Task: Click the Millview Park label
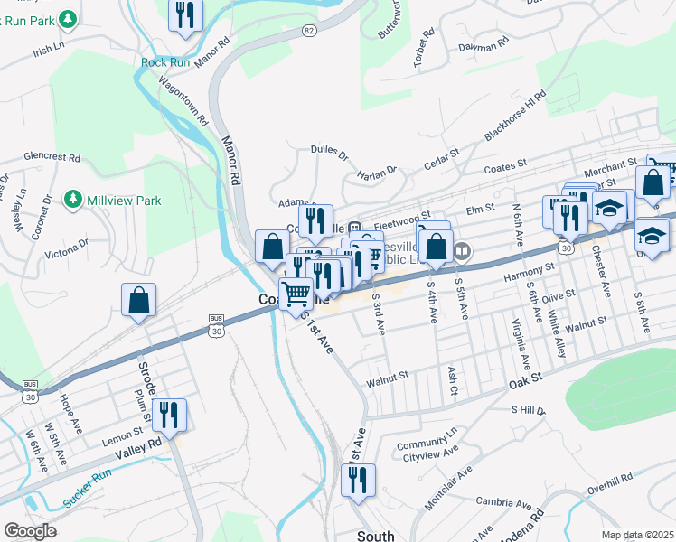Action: coord(124,200)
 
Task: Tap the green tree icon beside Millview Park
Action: coord(73,200)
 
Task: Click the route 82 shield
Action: coord(310,31)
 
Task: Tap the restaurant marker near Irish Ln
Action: coord(185,15)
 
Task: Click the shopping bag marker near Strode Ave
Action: coord(139,301)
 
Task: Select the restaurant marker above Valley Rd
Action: coord(168,416)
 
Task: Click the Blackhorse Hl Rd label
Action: coord(515,116)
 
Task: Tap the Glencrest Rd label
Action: coord(52,156)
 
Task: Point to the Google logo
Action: coord(30,531)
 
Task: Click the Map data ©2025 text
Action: coord(637,535)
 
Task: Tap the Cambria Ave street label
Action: coord(504,502)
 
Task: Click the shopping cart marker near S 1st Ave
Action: coord(296,294)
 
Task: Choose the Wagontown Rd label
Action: coord(183,95)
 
